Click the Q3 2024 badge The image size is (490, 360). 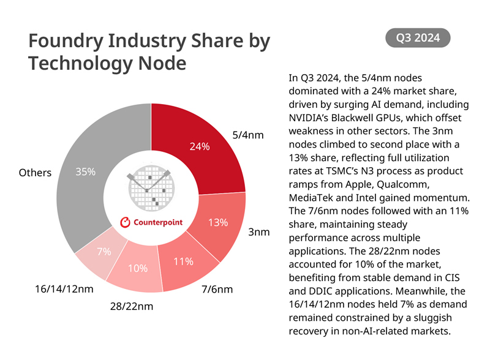tap(418, 38)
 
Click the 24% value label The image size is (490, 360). tap(200, 147)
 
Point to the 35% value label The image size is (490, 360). tap(85, 172)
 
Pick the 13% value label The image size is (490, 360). tap(218, 223)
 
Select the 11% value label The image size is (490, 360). tap(183, 261)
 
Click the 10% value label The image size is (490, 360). tap(137, 268)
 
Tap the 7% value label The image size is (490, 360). tap(104, 252)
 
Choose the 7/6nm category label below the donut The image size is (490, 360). tap(217, 289)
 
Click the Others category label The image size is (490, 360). tap(36, 173)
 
